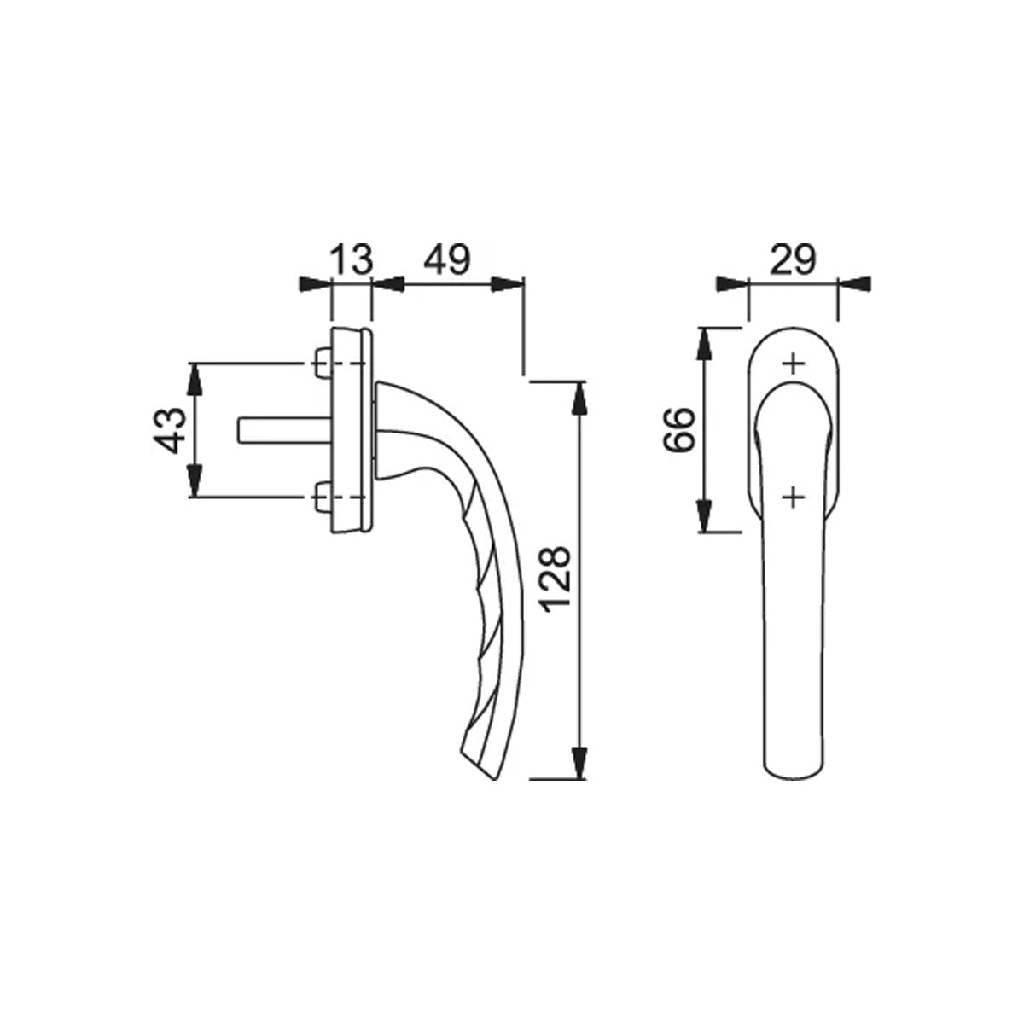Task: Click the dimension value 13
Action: click(x=352, y=259)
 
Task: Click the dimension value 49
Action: click(x=447, y=259)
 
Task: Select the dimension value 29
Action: click(x=793, y=259)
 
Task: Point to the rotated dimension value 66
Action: click(x=679, y=429)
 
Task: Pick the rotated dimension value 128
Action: click(x=555, y=579)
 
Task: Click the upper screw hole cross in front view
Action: click(x=794, y=364)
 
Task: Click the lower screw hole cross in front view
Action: click(x=794, y=497)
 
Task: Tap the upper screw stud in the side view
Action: click(x=322, y=364)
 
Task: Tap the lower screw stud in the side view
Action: click(x=322, y=497)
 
